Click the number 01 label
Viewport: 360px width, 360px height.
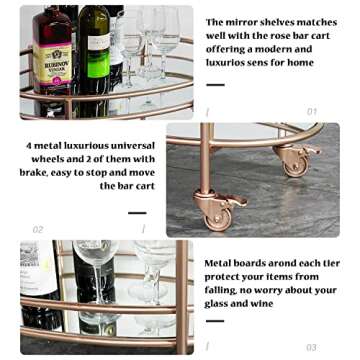(312, 112)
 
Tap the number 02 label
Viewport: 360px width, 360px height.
(38, 229)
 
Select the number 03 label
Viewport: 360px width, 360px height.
(312, 347)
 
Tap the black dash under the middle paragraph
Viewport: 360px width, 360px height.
(137, 212)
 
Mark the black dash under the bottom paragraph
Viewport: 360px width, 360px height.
(214, 321)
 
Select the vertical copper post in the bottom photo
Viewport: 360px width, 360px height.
(184, 295)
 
